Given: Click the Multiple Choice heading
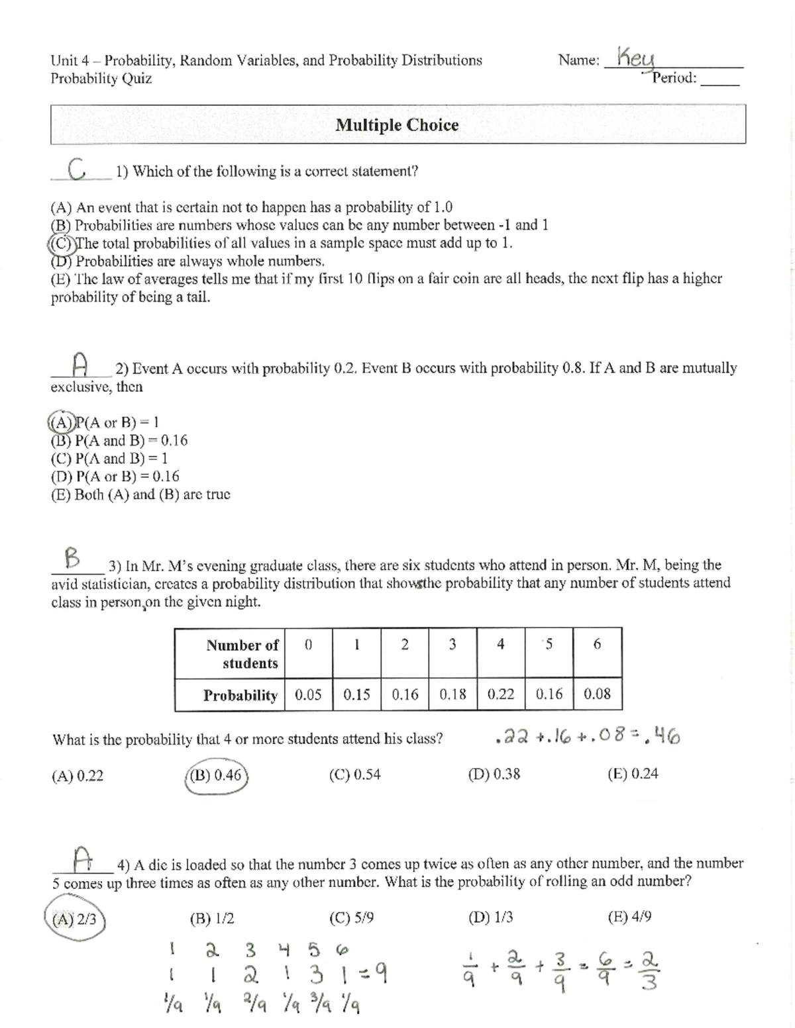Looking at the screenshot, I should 397,125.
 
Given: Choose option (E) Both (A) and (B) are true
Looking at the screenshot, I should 140,494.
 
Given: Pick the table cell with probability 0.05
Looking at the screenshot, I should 308,694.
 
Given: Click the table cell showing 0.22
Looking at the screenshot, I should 501,694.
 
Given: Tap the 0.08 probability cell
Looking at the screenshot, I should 597,694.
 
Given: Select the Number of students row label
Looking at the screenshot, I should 242,654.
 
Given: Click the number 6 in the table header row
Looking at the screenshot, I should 597,644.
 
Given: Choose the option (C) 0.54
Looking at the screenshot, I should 355,774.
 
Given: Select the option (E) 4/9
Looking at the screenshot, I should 629,917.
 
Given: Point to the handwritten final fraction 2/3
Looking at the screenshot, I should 650,970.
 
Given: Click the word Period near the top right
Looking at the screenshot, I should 674,78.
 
